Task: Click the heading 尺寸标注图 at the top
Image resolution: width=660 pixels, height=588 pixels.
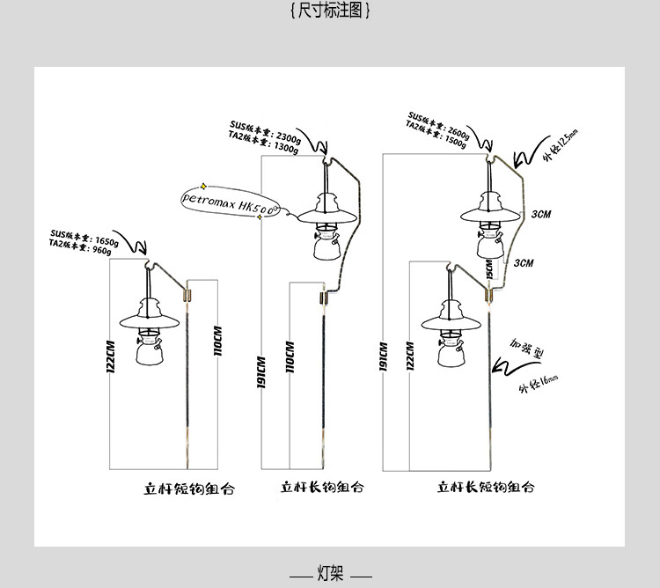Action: click(x=330, y=11)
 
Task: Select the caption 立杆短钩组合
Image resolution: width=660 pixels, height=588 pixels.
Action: click(x=189, y=488)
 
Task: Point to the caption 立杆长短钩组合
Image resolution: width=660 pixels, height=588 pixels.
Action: click(x=486, y=487)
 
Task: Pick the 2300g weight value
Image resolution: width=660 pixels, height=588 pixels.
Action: click(x=287, y=137)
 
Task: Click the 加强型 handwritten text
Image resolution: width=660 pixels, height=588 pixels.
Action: click(x=527, y=351)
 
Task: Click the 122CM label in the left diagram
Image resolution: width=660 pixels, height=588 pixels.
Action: click(x=112, y=355)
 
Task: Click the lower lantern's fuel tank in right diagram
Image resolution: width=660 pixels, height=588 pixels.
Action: click(x=451, y=353)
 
